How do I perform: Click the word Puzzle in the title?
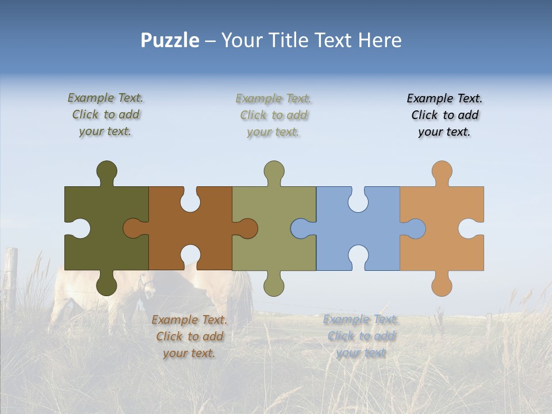click(170, 41)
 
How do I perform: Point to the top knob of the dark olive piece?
click(106, 171)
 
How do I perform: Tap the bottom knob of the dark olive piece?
click(106, 285)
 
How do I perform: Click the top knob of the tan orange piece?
click(442, 171)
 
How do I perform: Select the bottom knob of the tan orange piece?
click(442, 285)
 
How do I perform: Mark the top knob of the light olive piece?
click(274, 171)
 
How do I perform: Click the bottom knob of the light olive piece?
click(274, 285)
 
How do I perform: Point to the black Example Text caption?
click(444, 115)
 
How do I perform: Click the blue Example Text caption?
click(361, 336)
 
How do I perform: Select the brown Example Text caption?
click(189, 336)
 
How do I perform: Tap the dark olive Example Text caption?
click(105, 114)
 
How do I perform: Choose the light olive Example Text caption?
click(274, 115)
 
